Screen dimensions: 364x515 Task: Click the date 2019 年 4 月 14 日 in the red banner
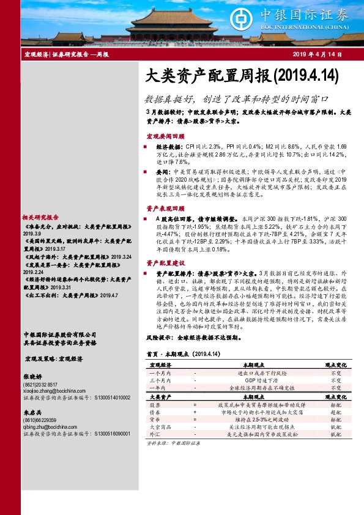[319, 55]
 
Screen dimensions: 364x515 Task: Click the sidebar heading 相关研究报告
[40, 217]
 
